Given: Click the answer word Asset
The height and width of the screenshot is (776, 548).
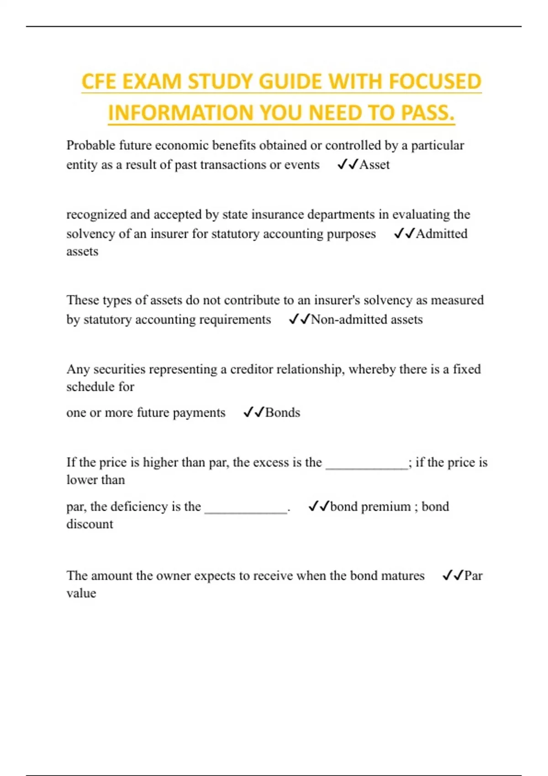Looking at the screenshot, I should click(x=374, y=165).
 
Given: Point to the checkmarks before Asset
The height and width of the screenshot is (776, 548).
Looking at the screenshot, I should click(x=348, y=165).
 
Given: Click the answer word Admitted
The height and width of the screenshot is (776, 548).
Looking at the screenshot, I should click(x=442, y=234).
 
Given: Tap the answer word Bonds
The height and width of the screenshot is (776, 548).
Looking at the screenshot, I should click(x=283, y=413).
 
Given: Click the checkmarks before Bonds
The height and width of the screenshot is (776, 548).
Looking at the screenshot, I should click(x=253, y=413).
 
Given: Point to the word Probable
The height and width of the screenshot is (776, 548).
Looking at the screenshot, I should click(x=91, y=146).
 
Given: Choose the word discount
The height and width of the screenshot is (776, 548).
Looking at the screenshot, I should click(x=90, y=524).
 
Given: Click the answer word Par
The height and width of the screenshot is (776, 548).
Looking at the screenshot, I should click(x=473, y=576).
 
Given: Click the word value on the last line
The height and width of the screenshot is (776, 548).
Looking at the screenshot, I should click(x=81, y=593).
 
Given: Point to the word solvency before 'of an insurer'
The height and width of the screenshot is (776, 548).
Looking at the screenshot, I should click(x=91, y=234).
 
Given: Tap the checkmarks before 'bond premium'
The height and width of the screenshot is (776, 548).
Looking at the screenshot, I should click(x=318, y=507).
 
